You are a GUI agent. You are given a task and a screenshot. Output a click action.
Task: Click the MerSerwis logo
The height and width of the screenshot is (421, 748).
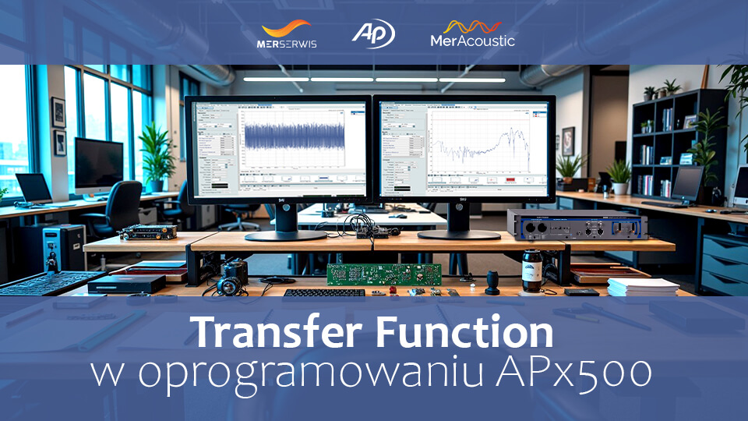point(287,34)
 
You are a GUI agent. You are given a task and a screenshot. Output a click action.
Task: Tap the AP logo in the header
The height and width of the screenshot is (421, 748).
point(373,34)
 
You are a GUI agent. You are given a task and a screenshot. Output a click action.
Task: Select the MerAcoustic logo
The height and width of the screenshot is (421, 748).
point(472,34)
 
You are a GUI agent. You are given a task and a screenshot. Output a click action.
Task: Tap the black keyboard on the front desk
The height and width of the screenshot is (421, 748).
point(323,293)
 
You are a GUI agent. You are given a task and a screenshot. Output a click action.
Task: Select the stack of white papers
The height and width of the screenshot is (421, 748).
point(642,286)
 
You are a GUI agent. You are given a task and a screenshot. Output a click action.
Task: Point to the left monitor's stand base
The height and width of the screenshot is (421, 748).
point(286,234)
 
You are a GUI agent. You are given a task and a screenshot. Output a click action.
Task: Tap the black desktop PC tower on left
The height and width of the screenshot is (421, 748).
point(63,247)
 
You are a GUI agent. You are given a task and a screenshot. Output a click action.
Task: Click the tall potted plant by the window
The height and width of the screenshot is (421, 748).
point(157,156)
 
